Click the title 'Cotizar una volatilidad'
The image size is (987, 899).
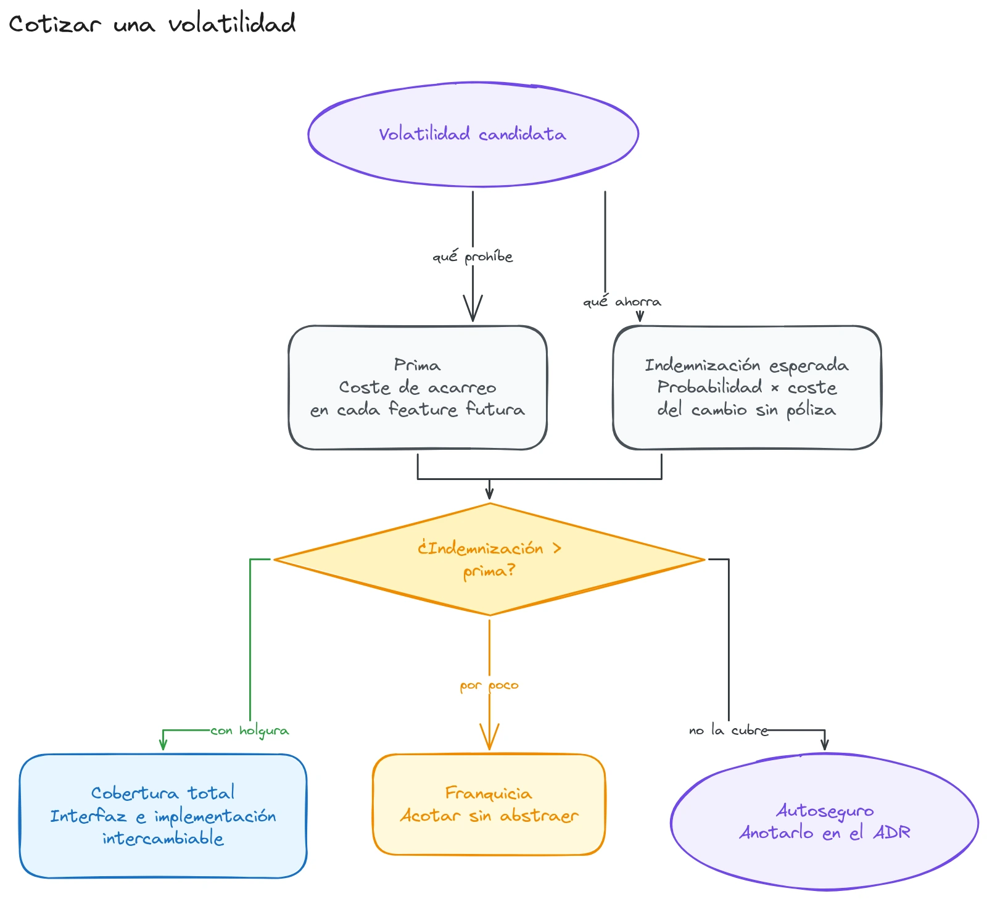pyautogui.click(x=152, y=24)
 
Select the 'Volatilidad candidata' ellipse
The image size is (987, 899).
pyautogui.click(x=473, y=134)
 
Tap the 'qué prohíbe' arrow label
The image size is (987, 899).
pyautogui.click(x=473, y=257)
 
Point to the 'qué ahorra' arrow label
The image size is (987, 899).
pyautogui.click(x=622, y=302)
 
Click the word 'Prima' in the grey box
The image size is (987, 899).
pyautogui.click(x=418, y=365)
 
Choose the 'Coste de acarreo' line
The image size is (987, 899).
pyautogui.click(x=418, y=387)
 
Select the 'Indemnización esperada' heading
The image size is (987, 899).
pyautogui.click(x=746, y=365)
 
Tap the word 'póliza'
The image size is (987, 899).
pyautogui.click(x=811, y=410)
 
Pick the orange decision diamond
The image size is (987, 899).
pyautogui.click(x=489, y=560)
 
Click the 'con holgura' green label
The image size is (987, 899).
pyautogui.click(x=249, y=731)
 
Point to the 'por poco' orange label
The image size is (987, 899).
pyautogui.click(x=489, y=686)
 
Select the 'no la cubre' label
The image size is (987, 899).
pyautogui.click(x=729, y=731)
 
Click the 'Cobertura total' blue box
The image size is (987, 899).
pyautogui.click(x=163, y=816)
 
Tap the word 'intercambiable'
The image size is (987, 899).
pyautogui.click(x=163, y=839)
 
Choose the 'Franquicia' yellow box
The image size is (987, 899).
pyautogui.click(x=489, y=805)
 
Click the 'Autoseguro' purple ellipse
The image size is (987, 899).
pyautogui.click(x=825, y=821)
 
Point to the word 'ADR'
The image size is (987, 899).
pyautogui.click(x=892, y=833)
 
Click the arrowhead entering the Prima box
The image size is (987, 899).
pyautogui.click(x=473, y=309)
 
